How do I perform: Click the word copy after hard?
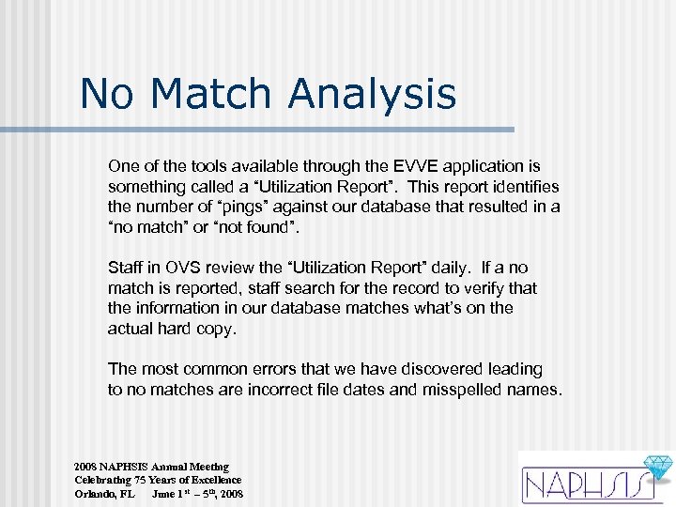pos(216,328)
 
